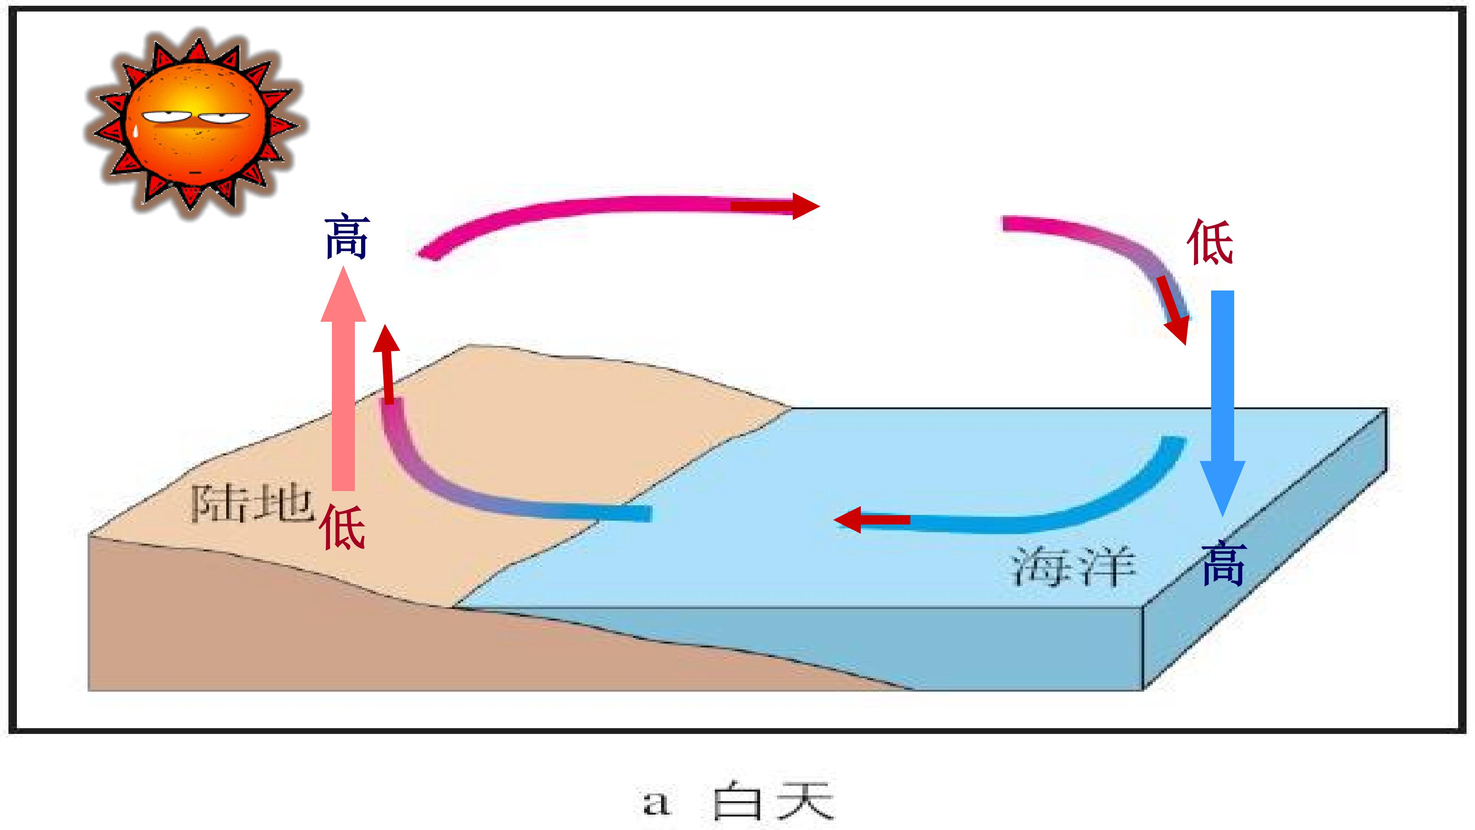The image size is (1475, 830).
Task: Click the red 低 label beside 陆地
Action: [342, 527]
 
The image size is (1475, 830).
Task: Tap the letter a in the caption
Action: [656, 803]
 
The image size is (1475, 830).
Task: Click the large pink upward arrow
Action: [343, 378]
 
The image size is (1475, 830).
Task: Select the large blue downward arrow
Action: [1223, 404]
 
